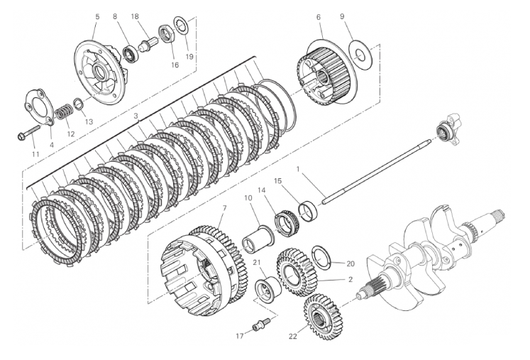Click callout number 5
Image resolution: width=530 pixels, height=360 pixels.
pos(96,16)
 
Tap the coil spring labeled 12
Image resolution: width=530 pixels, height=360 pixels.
pos(64,111)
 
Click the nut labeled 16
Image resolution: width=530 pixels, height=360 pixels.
pos(167,34)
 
